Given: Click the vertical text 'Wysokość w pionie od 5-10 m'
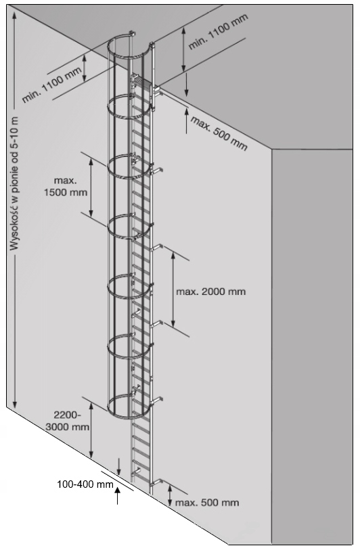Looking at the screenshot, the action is pyautogui.click(x=14, y=183).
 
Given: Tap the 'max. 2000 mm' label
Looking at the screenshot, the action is pyautogui.click(x=210, y=292).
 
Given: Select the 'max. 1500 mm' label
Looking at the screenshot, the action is pyautogui.click(x=66, y=187).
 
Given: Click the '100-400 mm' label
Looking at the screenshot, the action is pyautogui.click(x=85, y=484).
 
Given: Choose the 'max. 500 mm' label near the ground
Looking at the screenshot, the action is pyautogui.click(x=207, y=503).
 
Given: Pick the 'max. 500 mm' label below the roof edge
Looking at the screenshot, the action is pyautogui.click(x=219, y=133).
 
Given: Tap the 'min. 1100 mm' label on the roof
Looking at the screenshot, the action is pyautogui.click(x=218, y=31).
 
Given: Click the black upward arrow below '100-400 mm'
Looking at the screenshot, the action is pyautogui.click(x=118, y=497).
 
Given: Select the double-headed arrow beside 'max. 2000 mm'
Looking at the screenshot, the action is pyautogui.click(x=173, y=288).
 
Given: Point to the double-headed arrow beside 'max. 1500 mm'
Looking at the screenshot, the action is pyautogui.click(x=91, y=187).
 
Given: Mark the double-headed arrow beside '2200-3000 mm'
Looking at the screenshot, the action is pyautogui.click(x=91, y=430).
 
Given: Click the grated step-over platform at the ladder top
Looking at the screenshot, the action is pyautogui.click(x=144, y=83).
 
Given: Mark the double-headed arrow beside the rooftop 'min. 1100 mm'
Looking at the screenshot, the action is pyautogui.click(x=183, y=49).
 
